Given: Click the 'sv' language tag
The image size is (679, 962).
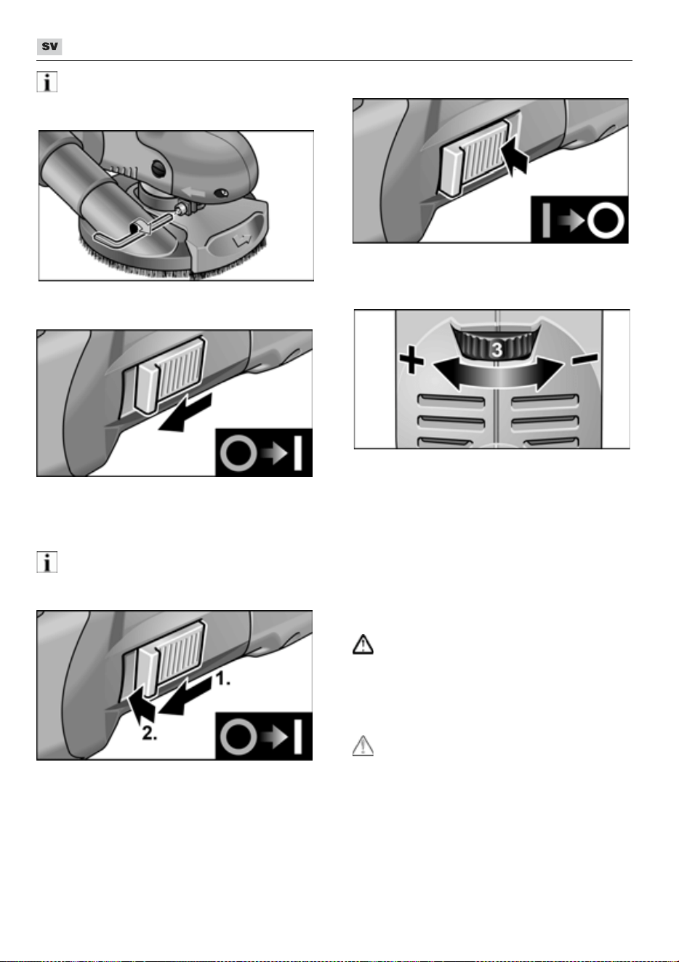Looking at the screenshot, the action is [x=49, y=47].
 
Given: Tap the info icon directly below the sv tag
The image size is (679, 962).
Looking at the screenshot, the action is [x=47, y=82].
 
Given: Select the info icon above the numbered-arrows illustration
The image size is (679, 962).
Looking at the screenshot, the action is [x=47, y=563].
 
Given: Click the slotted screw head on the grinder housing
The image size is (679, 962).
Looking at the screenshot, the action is [x=159, y=167].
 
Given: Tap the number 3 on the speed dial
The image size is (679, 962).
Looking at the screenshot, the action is [x=497, y=350].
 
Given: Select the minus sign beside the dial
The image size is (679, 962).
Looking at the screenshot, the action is [x=584, y=358].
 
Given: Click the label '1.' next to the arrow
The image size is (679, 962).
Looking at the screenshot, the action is [x=222, y=679].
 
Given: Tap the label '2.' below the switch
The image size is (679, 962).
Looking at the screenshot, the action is [x=150, y=734].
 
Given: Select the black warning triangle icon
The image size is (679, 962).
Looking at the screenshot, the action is [x=363, y=644].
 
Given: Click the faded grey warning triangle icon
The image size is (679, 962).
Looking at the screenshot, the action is [x=363, y=745].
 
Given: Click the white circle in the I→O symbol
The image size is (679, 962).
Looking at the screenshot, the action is [x=606, y=221].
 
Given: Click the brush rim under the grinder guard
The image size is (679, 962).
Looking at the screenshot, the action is [x=172, y=262].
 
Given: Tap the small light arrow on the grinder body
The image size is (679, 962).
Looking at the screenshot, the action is [x=193, y=191].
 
